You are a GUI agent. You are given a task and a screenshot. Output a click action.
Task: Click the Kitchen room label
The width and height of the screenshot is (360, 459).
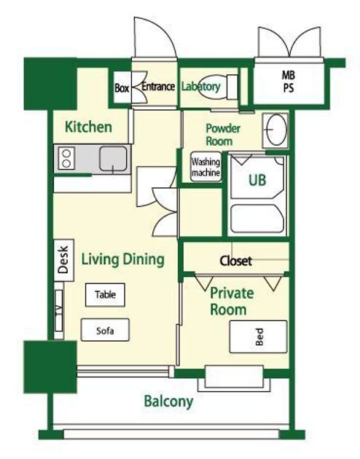pos(88,127)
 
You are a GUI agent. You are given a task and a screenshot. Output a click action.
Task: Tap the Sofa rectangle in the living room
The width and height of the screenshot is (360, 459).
pos(105,330)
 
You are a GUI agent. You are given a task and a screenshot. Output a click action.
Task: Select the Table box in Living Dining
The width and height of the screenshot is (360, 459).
pos(105,295)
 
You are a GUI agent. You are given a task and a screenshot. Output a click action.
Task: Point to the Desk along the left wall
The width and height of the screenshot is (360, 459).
pos(63,260)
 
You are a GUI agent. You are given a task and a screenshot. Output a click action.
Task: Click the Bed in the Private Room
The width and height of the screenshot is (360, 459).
pos(258,337)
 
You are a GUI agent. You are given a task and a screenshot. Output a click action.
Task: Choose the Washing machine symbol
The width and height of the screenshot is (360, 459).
pos(206,167)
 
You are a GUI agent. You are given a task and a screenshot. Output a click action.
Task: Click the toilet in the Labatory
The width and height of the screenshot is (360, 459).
pos(218,87)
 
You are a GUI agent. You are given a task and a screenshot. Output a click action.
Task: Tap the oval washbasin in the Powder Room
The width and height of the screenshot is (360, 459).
pos(275,130)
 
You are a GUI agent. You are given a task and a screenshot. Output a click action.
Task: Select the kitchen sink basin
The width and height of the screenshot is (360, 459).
pos(113,158)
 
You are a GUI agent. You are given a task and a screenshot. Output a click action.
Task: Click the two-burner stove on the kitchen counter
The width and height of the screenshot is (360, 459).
pos(66,158)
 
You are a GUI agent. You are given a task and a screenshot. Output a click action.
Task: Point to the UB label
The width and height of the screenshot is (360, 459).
pos(257,180)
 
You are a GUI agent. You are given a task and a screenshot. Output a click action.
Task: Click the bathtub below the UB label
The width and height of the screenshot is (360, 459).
pos(257,219)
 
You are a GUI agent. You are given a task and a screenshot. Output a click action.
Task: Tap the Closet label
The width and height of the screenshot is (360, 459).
pos(235,261)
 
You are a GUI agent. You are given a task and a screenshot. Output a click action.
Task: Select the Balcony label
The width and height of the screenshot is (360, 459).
pos(168,401)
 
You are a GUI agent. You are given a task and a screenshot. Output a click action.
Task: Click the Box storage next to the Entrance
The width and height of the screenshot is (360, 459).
pos(122,87)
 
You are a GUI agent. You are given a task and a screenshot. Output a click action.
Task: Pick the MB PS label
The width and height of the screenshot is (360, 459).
pos(289,82)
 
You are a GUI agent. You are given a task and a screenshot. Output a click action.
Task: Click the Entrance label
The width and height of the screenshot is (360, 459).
pos(158,87)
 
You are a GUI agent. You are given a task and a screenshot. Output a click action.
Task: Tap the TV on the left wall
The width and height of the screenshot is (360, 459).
pos(59,310)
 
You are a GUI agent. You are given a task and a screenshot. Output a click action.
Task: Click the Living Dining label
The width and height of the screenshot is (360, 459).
pos(122,259)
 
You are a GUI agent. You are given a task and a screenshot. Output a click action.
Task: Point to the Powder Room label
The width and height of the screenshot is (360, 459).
pos(223,135)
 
